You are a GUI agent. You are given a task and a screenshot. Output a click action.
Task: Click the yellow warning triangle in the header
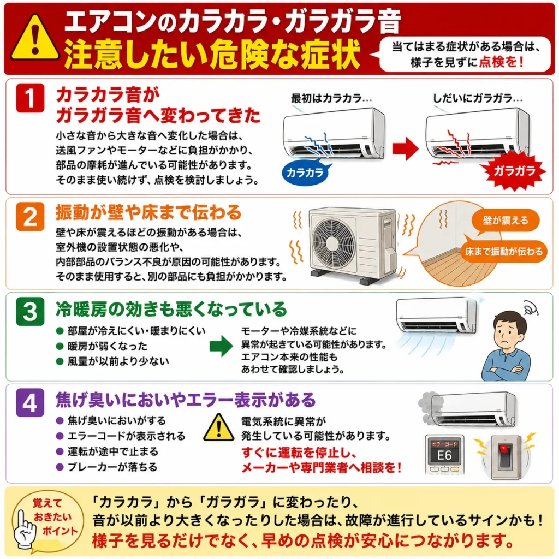pos(35,39)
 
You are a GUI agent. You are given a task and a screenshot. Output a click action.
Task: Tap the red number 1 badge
pos(30,98)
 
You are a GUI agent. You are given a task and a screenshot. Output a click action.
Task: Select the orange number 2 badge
pos(30,216)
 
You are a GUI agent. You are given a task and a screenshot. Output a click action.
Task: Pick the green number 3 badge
pos(30,311)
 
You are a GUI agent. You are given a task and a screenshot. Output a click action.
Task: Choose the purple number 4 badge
pos(30,403)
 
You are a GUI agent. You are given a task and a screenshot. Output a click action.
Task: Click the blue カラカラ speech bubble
pos(306,172)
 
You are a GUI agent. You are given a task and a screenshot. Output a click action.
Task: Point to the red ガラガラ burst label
pos(513,171)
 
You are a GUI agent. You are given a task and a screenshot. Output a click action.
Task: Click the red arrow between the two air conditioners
pos(406,148)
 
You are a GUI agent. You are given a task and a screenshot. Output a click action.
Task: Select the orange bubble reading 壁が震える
pos(506,221)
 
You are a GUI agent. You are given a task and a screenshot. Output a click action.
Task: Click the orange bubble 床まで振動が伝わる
pos(503,251)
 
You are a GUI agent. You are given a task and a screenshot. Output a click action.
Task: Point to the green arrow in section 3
pos(221,346)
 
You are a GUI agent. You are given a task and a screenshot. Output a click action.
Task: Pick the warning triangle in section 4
pos(218,428)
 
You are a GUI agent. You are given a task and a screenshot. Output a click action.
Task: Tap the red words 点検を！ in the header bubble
pos(501,62)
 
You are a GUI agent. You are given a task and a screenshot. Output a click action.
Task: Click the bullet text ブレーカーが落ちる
pos(112,467)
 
